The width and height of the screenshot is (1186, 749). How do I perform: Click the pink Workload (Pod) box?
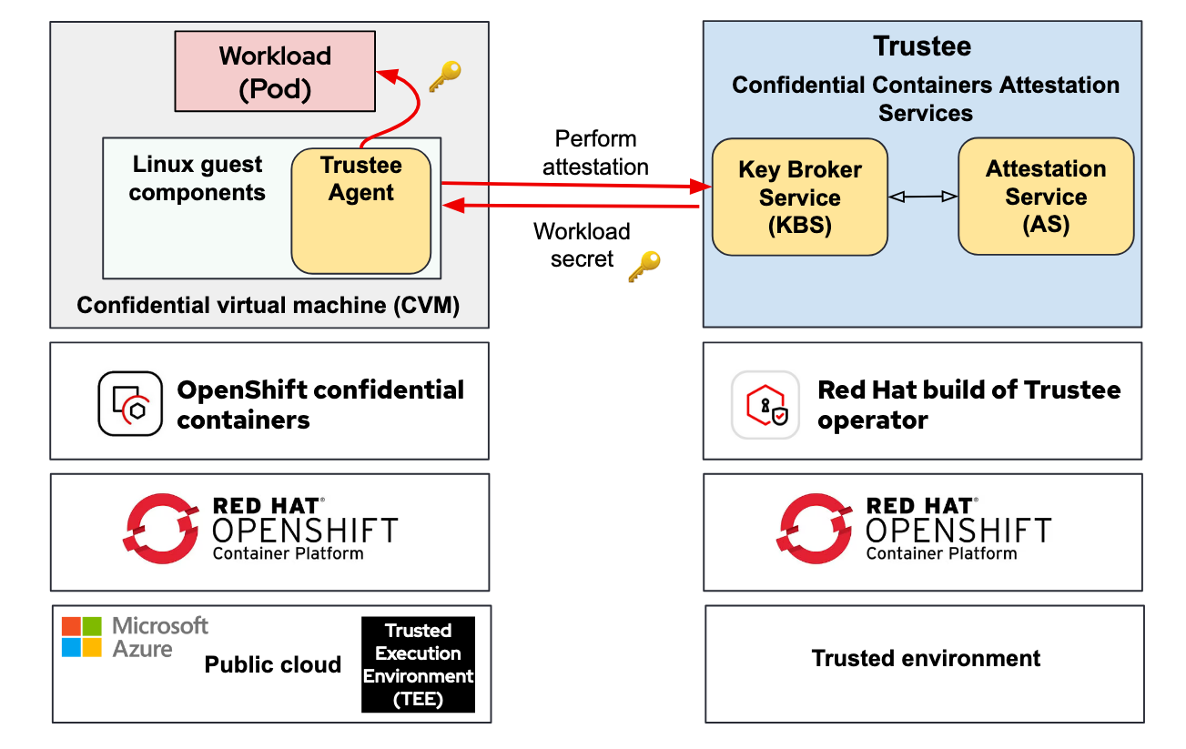point(274,72)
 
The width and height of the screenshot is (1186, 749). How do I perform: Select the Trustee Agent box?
point(361,210)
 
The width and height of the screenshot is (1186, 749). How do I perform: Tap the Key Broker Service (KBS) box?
point(799,197)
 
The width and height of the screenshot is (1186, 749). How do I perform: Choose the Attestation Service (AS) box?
point(1046,196)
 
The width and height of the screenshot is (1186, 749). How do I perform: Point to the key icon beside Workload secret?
point(644,266)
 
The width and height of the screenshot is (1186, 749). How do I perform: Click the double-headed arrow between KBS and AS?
point(923,197)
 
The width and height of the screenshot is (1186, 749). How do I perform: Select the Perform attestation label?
point(595,153)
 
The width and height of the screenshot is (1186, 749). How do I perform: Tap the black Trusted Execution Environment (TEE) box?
point(418,664)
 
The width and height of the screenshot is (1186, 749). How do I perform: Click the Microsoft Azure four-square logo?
point(82,636)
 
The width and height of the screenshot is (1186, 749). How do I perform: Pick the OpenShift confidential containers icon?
point(130,403)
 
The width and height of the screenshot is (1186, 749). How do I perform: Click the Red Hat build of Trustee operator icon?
point(765,405)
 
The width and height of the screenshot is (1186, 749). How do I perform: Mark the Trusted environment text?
point(926,658)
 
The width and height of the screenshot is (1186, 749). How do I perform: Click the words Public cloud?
point(273,664)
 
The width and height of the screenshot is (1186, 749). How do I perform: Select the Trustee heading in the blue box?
point(922,46)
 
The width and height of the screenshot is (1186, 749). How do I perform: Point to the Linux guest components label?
point(198,178)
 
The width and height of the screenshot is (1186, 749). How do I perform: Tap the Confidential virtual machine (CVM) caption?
point(269,305)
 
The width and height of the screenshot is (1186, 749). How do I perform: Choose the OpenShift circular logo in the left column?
point(161,530)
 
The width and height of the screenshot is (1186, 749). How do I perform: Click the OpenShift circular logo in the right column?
point(815,530)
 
